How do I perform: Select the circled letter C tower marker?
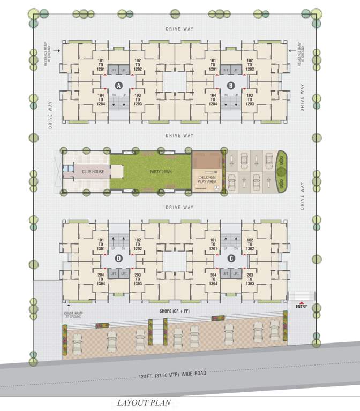tap(231, 258)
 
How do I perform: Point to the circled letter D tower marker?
tap(119, 258)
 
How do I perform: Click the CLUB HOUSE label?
tap(93, 172)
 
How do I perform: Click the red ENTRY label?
tap(301, 306)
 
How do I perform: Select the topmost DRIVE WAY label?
tap(179, 29)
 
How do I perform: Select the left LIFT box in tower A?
tap(113, 70)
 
